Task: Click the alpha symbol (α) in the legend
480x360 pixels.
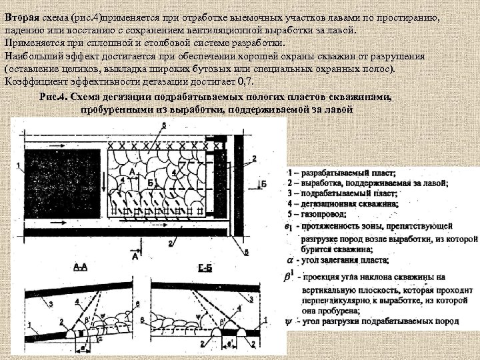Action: pos(289,260)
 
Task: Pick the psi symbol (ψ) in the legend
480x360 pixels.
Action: pos(287,320)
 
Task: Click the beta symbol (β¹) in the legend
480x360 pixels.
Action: pos(289,275)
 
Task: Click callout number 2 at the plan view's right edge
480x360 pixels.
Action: pos(254,158)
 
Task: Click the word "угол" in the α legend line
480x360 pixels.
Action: pos(308,260)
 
